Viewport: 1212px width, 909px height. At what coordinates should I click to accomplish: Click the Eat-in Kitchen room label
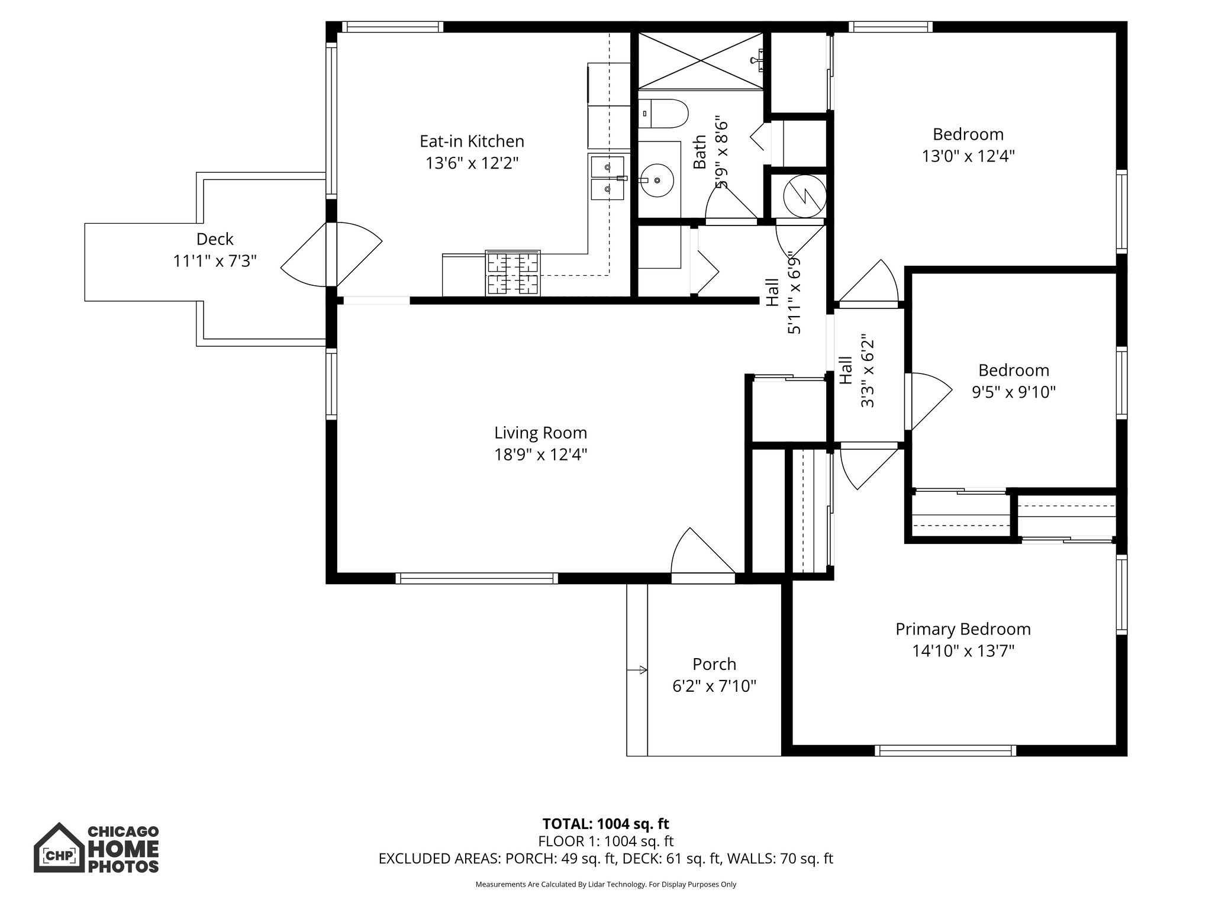[472, 141]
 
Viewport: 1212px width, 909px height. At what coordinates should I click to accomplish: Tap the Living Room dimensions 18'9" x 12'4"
[540, 455]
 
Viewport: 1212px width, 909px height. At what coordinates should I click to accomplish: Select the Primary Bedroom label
[963, 629]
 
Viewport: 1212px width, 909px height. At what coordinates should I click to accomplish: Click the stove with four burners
[512, 273]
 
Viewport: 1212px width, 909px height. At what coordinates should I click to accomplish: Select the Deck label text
[215, 239]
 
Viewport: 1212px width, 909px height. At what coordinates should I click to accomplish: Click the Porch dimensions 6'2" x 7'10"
[714, 686]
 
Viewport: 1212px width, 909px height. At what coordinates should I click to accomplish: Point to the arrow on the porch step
[638, 670]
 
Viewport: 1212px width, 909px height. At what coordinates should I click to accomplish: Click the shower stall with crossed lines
[701, 61]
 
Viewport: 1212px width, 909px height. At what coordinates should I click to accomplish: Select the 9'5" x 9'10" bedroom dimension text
[1014, 392]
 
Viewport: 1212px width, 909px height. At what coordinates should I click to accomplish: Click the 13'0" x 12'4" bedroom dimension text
[968, 156]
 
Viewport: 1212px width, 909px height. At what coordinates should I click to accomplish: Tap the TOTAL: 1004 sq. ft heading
[605, 824]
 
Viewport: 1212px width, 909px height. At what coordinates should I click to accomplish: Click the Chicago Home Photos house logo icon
[59, 848]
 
